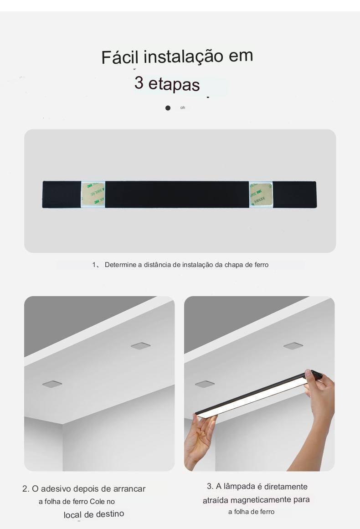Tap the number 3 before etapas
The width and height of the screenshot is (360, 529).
[139, 82]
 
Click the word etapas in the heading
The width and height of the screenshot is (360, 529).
[174, 84]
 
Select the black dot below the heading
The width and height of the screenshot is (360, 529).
[168, 108]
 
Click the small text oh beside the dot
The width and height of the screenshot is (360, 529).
[183, 108]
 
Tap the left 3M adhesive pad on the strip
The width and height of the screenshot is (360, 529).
[93, 194]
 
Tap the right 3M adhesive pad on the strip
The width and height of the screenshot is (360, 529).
[261, 194]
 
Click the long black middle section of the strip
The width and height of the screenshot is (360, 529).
[177, 194]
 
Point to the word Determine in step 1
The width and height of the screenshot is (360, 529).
[120, 265]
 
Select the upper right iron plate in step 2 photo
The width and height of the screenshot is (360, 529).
[141, 346]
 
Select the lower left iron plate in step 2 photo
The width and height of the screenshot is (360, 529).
[52, 384]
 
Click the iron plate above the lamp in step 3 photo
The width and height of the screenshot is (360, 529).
[293, 345]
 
